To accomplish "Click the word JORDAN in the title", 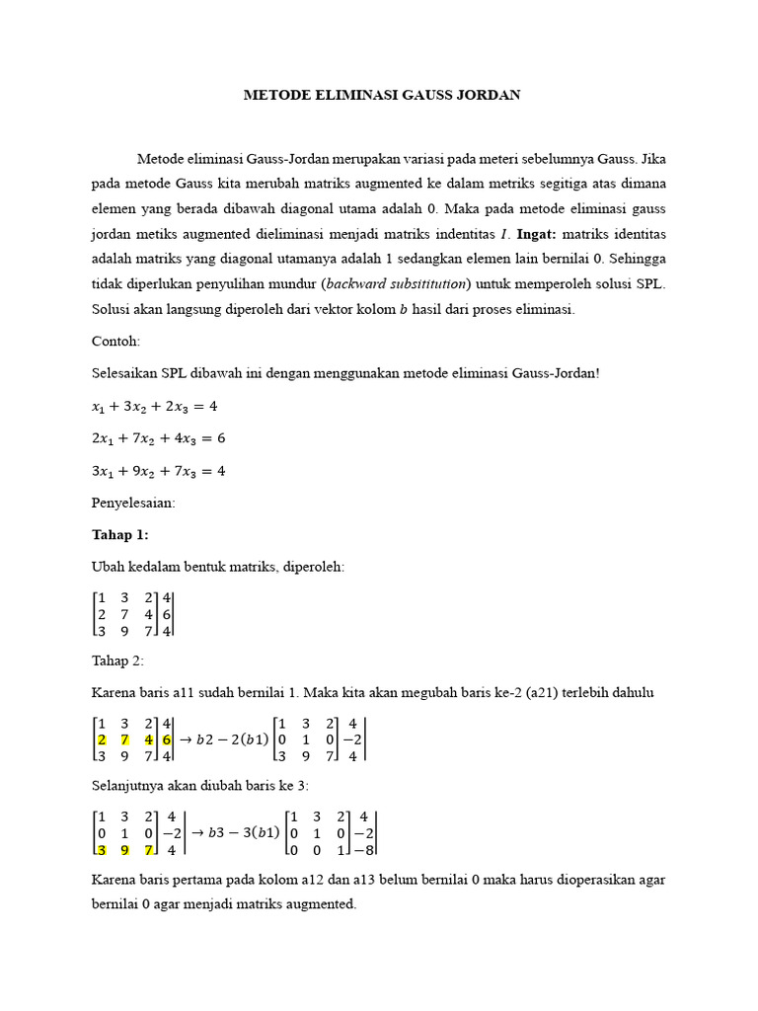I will [484, 96].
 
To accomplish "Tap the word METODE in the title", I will [277, 96].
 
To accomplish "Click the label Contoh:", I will [116, 342].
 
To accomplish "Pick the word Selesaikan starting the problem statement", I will [126, 373].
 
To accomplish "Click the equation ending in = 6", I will [159, 437].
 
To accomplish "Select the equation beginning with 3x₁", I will [159, 470].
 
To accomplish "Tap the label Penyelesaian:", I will [133, 503].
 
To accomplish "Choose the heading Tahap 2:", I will [117, 661].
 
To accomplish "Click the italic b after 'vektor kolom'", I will [403, 309].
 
